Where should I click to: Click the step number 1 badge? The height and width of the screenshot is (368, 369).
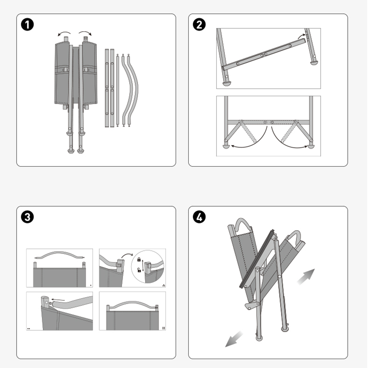tap(27, 25)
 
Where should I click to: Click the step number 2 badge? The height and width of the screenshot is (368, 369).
tap(199, 25)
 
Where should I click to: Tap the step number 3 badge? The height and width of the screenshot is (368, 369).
tap(27, 217)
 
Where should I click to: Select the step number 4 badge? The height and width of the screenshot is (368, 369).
tap(199, 217)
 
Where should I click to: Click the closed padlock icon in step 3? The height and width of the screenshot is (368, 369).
tap(139, 260)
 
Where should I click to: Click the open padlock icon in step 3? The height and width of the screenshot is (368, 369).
tap(139, 270)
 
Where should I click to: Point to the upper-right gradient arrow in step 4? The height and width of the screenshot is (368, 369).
tap(306, 277)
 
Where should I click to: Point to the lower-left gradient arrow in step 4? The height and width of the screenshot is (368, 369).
tap(234, 339)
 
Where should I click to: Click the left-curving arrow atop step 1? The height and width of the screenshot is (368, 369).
tap(64, 33)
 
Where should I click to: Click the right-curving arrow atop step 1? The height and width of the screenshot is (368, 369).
tap(85, 33)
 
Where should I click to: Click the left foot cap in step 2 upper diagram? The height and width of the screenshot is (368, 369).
tap(227, 84)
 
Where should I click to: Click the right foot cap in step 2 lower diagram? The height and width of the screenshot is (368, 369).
tap(311, 146)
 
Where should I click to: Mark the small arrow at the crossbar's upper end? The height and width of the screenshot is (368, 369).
tap(301, 36)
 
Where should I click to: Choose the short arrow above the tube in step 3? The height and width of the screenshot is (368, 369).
tap(58, 299)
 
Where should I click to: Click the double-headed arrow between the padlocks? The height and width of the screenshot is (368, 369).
tap(143, 265)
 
